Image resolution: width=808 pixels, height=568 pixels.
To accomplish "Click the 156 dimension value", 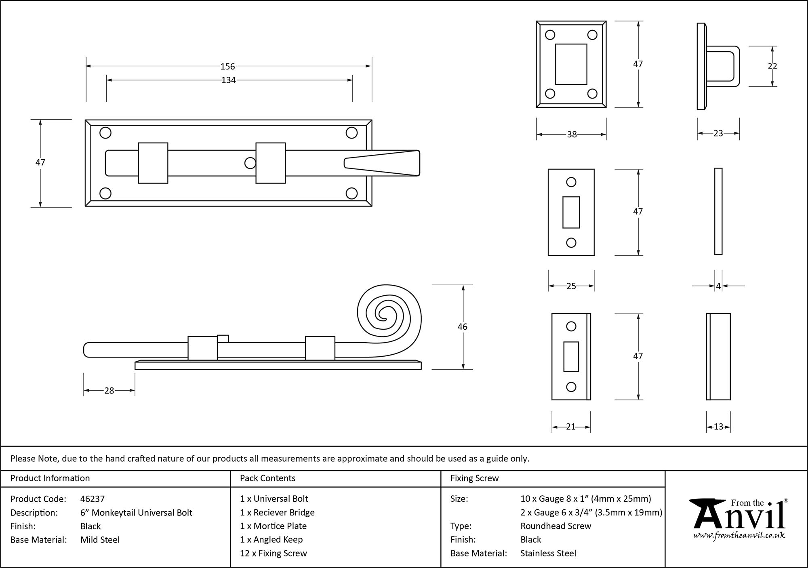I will [227, 67].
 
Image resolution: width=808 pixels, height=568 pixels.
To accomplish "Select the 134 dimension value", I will [228, 80].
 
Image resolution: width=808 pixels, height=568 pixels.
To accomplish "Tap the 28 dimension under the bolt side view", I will [109, 391].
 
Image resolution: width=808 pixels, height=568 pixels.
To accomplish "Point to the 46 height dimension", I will [462, 326].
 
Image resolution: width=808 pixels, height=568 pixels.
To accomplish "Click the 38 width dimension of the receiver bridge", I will [571, 135].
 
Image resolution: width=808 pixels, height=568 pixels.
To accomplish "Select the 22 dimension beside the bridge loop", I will [772, 66].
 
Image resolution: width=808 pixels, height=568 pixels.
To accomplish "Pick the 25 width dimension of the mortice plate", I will [570, 286].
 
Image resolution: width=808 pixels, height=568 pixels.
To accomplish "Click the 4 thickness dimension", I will [718, 286].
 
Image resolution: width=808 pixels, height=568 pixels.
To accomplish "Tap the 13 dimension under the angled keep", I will [718, 427].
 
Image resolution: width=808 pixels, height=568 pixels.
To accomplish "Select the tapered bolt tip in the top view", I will [382, 163].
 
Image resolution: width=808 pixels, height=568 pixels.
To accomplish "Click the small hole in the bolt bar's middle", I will [250, 163].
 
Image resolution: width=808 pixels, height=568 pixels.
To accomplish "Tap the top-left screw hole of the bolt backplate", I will [105, 133].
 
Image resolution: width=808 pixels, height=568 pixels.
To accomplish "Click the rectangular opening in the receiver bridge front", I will [571, 64].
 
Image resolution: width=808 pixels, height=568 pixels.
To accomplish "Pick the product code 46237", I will [93, 499].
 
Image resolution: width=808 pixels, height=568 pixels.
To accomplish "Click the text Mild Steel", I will [100, 540].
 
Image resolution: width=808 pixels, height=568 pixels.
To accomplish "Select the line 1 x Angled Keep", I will [271, 540].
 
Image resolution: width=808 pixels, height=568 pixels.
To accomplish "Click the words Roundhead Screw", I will [555, 526].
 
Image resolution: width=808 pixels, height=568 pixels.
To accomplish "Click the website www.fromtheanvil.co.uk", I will [739, 536].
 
